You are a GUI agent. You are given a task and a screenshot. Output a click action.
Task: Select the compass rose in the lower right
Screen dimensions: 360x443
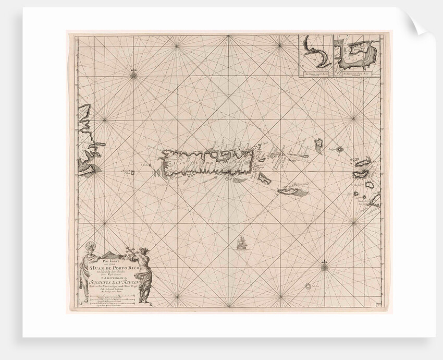(324, 268)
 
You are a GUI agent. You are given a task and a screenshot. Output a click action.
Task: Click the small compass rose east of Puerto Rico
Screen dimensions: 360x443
(339, 149)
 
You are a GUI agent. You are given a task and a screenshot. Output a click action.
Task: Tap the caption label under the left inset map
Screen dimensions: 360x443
(315, 76)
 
